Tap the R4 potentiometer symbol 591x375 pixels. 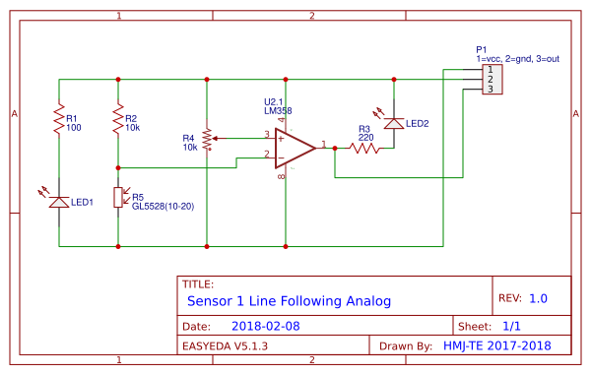click(207, 139)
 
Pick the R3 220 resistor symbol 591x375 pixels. click(364, 149)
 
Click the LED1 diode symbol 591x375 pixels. click(59, 201)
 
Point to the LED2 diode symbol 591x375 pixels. click(394, 122)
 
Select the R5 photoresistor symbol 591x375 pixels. click(118, 198)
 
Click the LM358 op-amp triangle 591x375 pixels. click(294, 148)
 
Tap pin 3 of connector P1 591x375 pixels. click(490, 90)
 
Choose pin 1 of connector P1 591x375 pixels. click(490, 70)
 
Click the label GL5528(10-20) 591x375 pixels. click(164, 208)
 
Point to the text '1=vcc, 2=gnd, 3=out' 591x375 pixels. click(517, 59)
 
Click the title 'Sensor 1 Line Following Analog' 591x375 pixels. click(289, 300)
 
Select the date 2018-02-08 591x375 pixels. click(265, 325)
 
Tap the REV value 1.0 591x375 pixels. click(538, 298)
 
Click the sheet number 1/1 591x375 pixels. click(512, 325)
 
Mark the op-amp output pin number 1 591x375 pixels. click(324, 143)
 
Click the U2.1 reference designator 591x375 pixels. click(275, 102)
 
